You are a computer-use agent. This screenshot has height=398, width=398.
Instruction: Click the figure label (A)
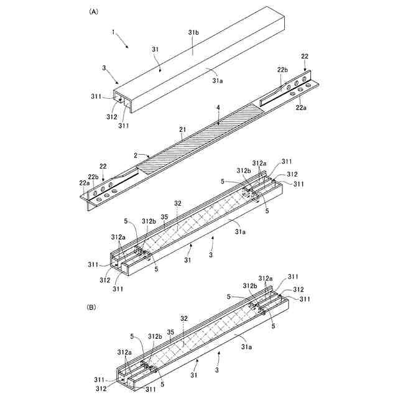coord(94,11)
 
